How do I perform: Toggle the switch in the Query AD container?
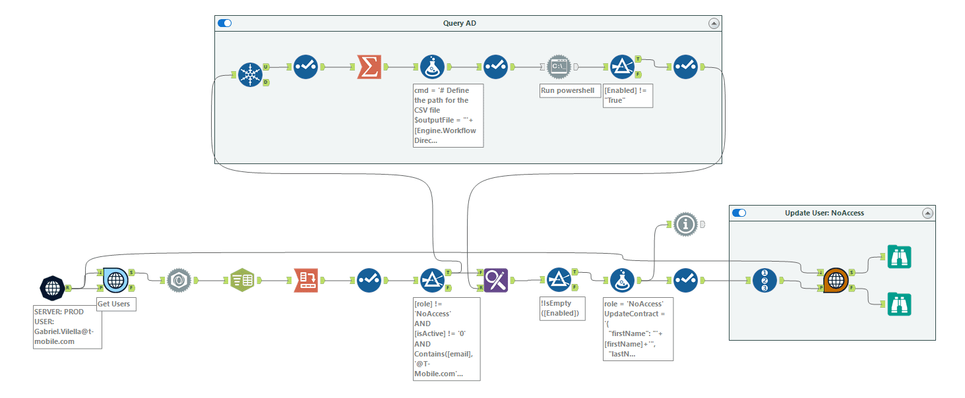coord(225,23)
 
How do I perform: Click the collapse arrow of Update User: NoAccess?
coord(927,213)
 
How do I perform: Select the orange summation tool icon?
coord(369,67)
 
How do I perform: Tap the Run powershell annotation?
coord(567,90)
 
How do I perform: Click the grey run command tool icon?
coord(559,67)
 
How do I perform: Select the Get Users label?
coord(116,304)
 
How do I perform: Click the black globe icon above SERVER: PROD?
coord(52,287)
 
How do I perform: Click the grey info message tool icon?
coord(686,225)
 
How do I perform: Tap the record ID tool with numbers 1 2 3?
coord(764,280)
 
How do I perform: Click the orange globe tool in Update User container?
coord(836,280)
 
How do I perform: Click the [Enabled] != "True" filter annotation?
coord(628,96)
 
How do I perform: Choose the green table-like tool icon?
coord(242,280)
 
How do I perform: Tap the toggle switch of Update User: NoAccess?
coord(739,213)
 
